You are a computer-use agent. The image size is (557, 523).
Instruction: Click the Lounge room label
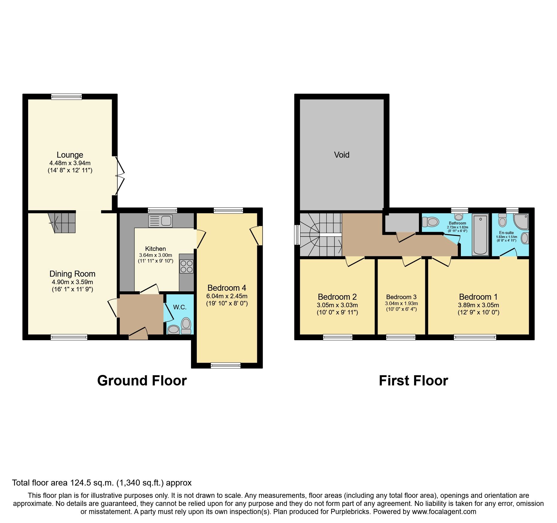click(x=70, y=155)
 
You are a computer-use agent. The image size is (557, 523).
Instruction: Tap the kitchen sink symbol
click(x=160, y=221)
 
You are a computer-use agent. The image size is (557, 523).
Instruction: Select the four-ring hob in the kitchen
click(x=186, y=266)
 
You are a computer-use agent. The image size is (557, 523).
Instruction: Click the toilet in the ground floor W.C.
click(x=186, y=326)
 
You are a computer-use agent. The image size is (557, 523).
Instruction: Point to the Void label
click(x=342, y=155)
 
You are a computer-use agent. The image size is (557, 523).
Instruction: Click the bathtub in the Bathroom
click(x=480, y=234)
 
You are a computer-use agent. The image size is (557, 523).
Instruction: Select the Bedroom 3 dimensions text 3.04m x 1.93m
click(x=401, y=303)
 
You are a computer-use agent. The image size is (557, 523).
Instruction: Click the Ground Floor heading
click(x=142, y=381)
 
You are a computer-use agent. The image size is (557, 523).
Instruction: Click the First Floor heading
click(x=413, y=381)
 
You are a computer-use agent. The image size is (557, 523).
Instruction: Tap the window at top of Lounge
click(x=66, y=96)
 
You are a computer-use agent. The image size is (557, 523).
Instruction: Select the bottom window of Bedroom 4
click(x=225, y=365)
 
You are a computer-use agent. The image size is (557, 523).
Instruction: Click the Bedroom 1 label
click(x=478, y=297)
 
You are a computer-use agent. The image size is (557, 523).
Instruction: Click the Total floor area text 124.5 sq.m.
click(x=102, y=483)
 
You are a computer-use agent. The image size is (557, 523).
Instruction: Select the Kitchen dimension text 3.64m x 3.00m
click(x=155, y=255)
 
